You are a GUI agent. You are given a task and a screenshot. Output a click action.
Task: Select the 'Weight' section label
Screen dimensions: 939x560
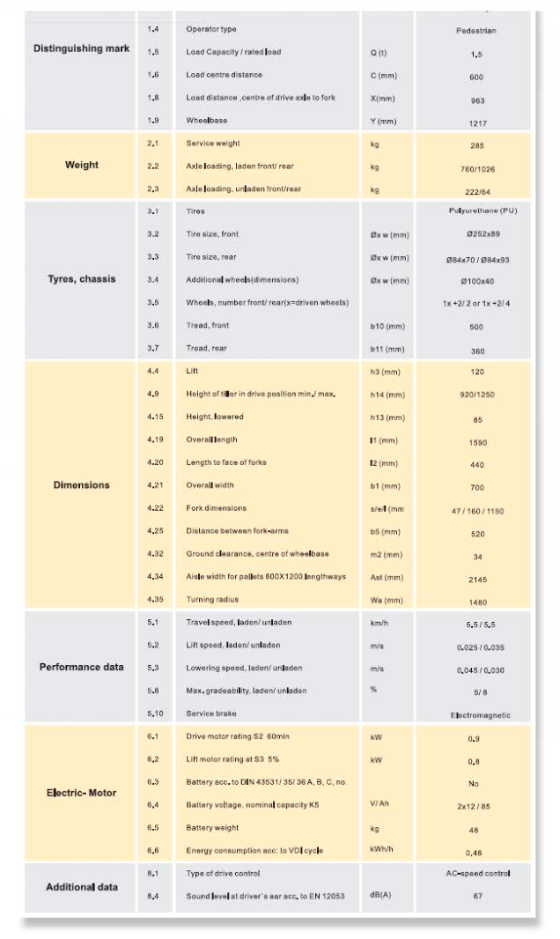[x=81, y=165]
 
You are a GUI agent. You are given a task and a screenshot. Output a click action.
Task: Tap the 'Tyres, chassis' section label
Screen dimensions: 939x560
[x=81, y=279]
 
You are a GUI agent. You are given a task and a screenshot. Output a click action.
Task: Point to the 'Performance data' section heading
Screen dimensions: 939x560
[x=81, y=667]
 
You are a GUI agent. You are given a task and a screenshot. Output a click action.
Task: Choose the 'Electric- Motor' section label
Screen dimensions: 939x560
[x=81, y=792]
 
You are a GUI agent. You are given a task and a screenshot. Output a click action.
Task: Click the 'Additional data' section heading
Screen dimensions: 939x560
[x=81, y=886]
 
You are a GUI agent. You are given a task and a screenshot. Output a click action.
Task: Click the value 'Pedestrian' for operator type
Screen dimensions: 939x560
[x=475, y=30]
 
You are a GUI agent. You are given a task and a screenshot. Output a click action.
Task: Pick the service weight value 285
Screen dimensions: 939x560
[x=475, y=145]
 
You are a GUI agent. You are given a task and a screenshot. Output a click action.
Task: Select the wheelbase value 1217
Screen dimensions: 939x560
[x=475, y=123]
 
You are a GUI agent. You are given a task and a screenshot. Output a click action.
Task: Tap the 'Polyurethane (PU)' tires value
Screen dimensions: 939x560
[x=475, y=211]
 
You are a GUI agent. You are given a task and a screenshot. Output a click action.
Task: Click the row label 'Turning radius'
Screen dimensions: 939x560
[x=211, y=600]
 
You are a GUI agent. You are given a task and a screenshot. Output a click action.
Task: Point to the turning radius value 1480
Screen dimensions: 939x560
[x=475, y=602]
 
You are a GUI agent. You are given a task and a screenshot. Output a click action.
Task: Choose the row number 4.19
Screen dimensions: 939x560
[x=155, y=439]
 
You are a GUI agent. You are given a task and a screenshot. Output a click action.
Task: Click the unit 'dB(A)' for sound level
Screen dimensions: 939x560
[x=382, y=896]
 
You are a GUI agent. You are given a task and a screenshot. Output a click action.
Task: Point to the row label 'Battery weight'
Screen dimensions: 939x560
[x=212, y=828]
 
